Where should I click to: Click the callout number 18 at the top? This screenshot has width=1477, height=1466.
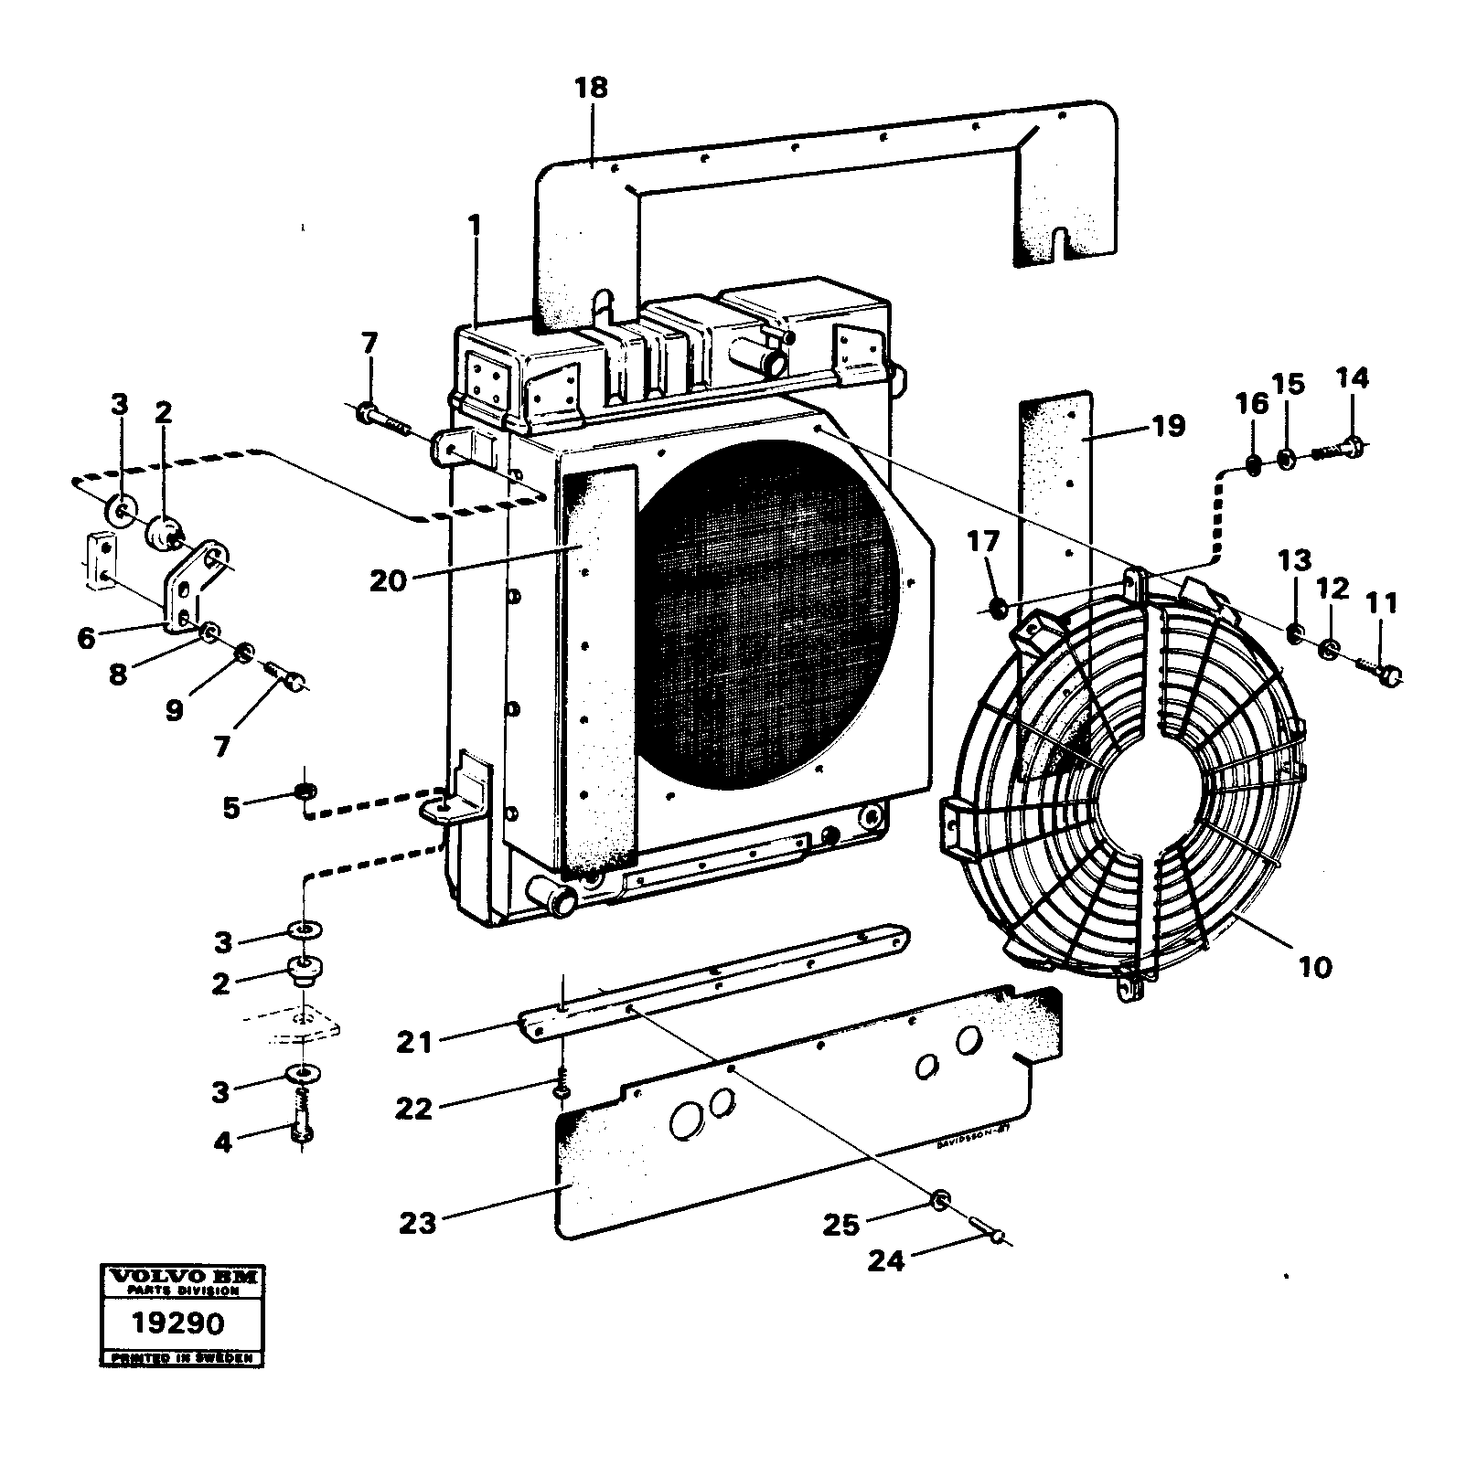coord(591,89)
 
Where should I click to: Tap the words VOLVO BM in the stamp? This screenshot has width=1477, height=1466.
coord(181,1277)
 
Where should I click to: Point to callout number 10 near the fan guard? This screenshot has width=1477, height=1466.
coord(1315,967)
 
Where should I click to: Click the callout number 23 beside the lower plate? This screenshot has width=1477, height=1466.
coord(418,1223)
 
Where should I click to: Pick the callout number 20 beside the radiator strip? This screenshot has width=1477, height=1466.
coord(388,579)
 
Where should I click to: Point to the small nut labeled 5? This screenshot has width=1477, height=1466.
coord(306,789)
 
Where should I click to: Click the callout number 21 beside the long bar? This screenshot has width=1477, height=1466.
coord(413,1041)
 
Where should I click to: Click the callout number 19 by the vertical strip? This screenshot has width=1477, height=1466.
coord(1168,426)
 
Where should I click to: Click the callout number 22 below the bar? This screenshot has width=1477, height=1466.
coord(413,1109)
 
